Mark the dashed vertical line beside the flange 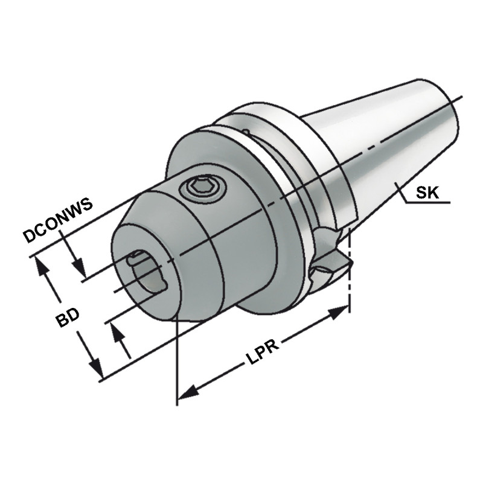350,266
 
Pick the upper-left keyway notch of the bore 133,260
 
